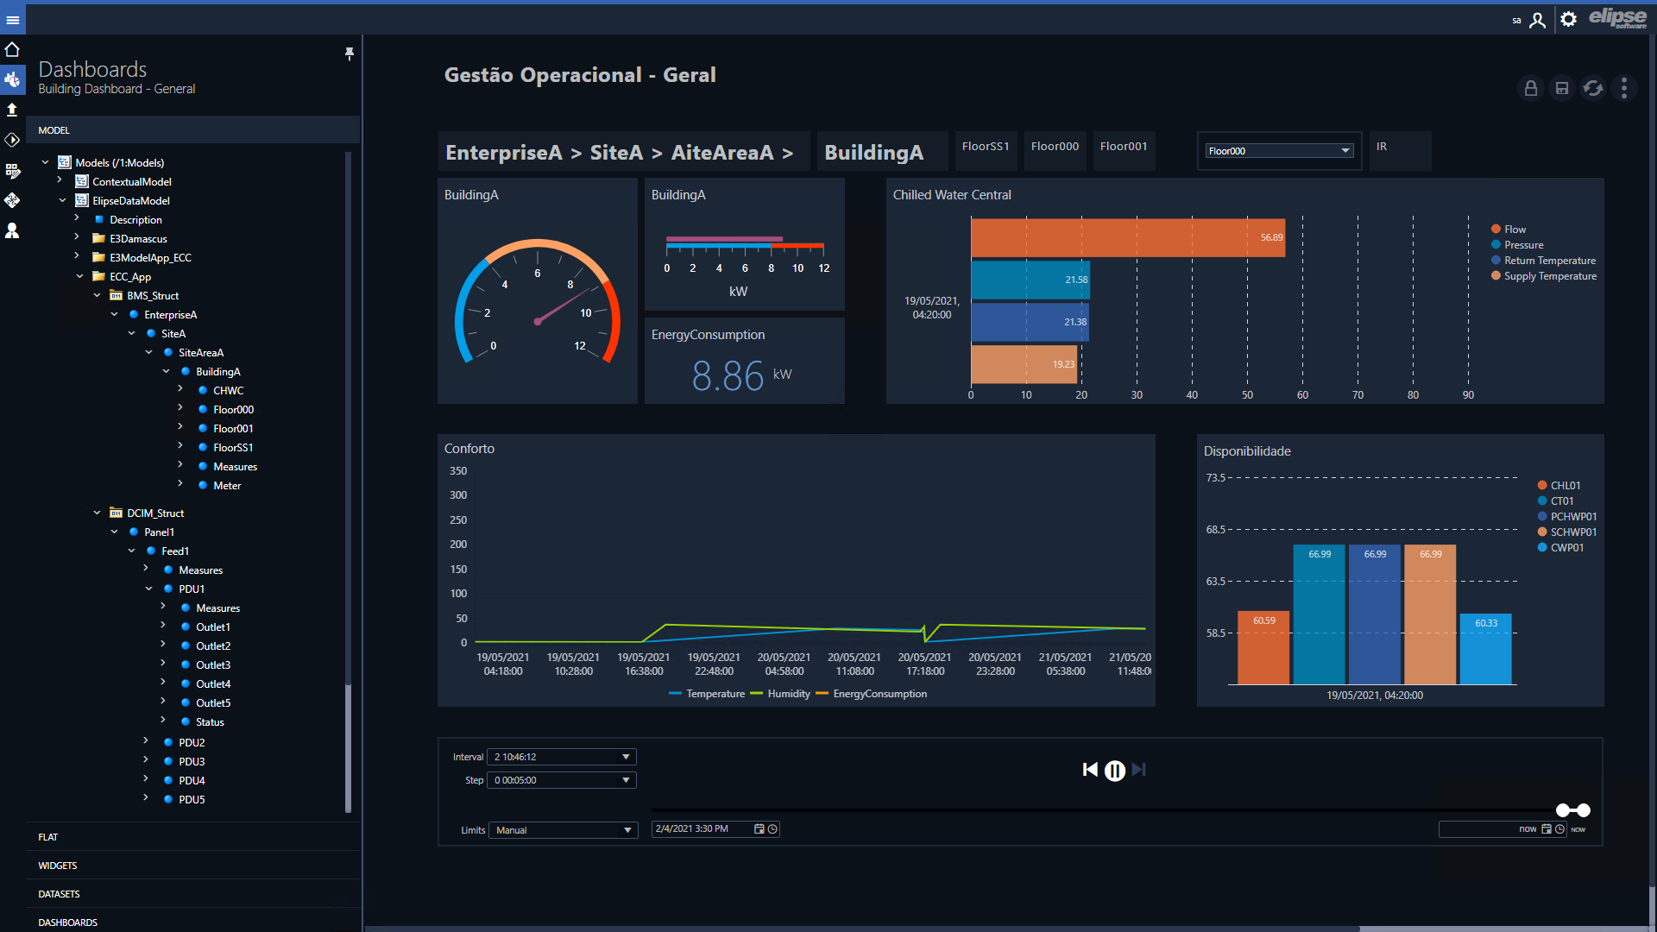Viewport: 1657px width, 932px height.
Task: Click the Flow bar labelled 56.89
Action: tap(1128, 237)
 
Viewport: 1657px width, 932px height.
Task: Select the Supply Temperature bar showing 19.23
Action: tap(1025, 364)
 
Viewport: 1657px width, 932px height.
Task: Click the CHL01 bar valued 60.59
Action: tap(1263, 648)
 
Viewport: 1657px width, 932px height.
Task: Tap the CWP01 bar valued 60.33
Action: tap(1485, 649)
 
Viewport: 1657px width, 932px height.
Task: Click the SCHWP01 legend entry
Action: tap(1567, 532)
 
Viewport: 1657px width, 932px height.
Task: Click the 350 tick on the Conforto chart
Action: tap(458, 471)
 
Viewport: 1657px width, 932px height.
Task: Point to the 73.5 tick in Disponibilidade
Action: tap(1215, 478)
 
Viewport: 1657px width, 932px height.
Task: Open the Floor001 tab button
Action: tap(1124, 147)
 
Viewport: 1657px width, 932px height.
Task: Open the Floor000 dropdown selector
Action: tap(1279, 151)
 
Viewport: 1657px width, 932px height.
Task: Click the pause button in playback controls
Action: tap(1115, 771)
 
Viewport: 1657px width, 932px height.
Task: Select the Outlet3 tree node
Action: tap(212, 665)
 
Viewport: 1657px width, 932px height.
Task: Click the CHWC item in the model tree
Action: tap(228, 391)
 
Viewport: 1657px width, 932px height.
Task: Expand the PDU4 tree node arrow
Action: tap(146, 780)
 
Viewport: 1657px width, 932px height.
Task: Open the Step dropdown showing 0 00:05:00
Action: tap(562, 780)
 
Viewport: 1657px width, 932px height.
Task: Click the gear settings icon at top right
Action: tap(1569, 19)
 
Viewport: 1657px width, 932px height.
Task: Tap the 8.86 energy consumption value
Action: tap(728, 376)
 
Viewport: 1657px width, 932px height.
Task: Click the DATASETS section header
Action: tap(59, 894)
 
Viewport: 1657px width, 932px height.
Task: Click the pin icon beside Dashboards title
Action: tap(350, 54)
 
